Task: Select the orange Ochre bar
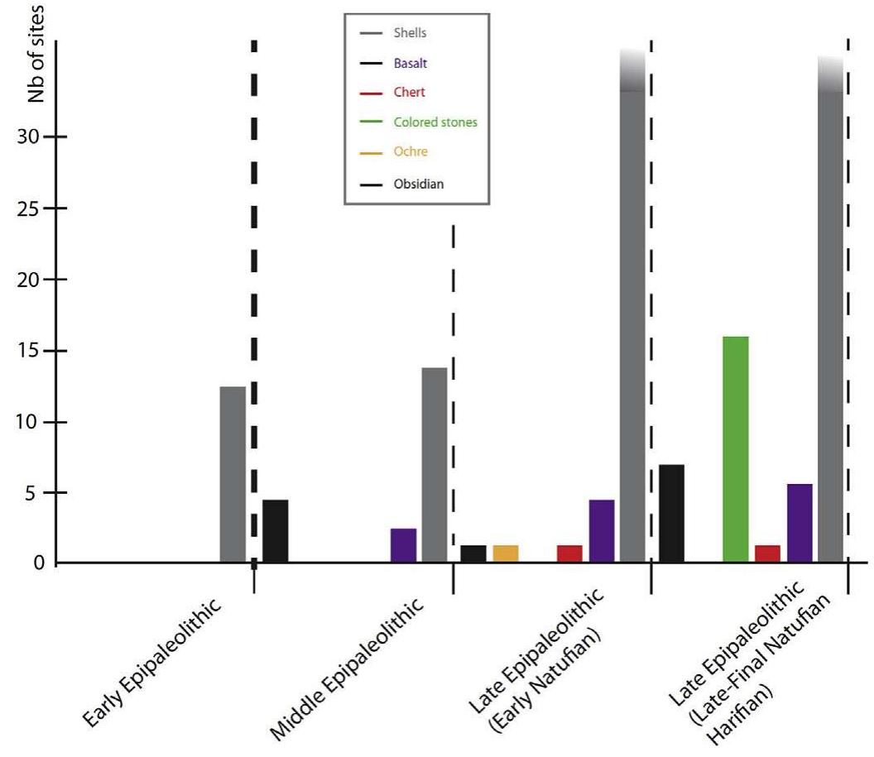tap(505, 553)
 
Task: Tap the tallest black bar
tap(671, 514)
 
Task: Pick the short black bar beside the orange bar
tap(473, 553)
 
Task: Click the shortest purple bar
tap(403, 545)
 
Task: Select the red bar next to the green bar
tap(767, 553)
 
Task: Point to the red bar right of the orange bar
tap(569, 553)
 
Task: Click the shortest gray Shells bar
tap(233, 475)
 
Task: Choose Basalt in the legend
tap(411, 63)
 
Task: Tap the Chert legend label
tap(410, 92)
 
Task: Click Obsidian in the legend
tap(418, 184)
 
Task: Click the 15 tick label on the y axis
tap(29, 351)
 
